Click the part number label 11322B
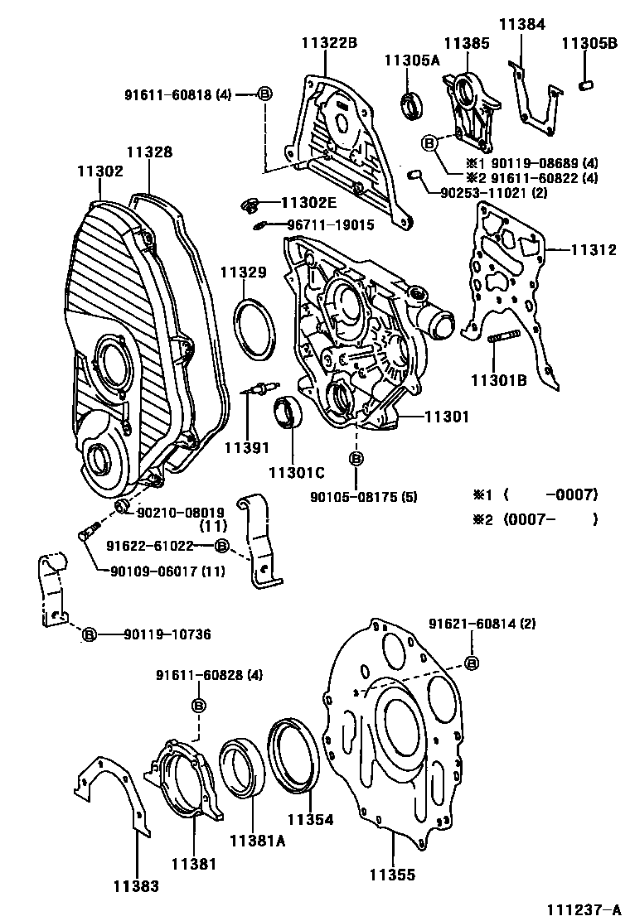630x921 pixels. pos(328,43)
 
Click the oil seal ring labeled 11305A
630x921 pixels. pos(410,105)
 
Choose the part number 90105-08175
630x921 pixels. pos(355,498)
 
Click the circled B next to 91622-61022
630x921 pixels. pos(221,546)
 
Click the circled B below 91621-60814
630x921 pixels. pos(471,663)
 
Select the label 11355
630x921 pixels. pos(392,875)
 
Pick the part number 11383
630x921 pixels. pos(136,885)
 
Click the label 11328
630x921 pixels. pos(149,152)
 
